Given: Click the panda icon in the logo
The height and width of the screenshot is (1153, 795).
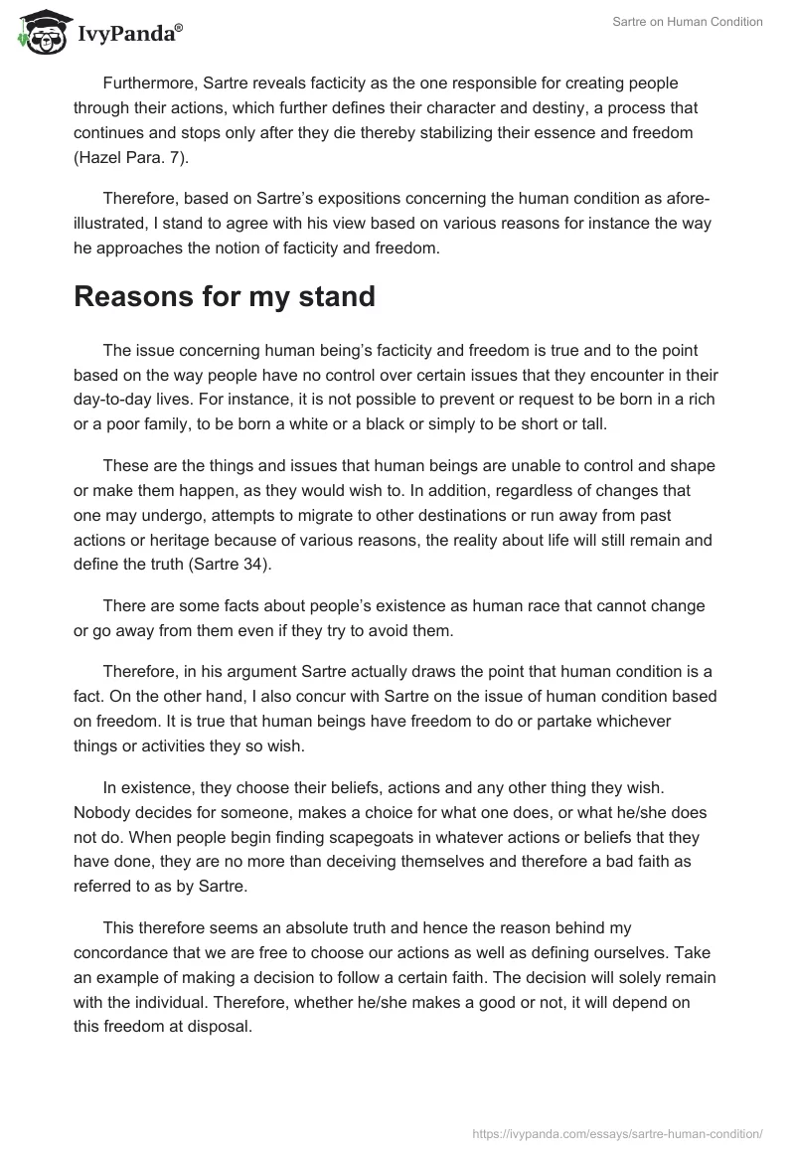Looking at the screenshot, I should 41,32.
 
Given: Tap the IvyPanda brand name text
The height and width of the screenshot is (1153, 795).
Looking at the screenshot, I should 129,35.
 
